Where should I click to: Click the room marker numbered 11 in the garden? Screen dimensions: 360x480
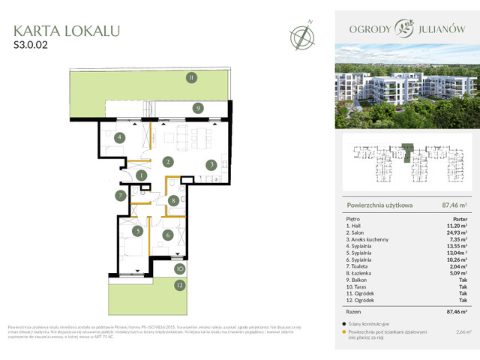(x=191, y=77)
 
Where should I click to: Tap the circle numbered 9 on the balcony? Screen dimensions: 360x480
(x=197, y=108)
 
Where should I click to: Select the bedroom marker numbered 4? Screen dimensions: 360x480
(x=119, y=137)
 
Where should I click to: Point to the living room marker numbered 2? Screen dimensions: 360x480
(x=169, y=161)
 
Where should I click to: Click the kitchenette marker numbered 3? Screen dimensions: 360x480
(x=212, y=165)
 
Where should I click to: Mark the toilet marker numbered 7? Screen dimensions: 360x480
(x=120, y=196)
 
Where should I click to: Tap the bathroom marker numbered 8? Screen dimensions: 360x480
(x=173, y=200)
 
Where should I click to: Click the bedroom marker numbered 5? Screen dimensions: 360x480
(x=137, y=231)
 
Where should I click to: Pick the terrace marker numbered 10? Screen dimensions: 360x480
(x=180, y=268)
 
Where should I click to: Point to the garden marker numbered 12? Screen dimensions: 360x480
(x=180, y=285)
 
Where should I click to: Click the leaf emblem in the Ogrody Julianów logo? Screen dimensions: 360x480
(x=406, y=31)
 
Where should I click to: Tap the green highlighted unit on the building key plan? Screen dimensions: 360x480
(x=407, y=152)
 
